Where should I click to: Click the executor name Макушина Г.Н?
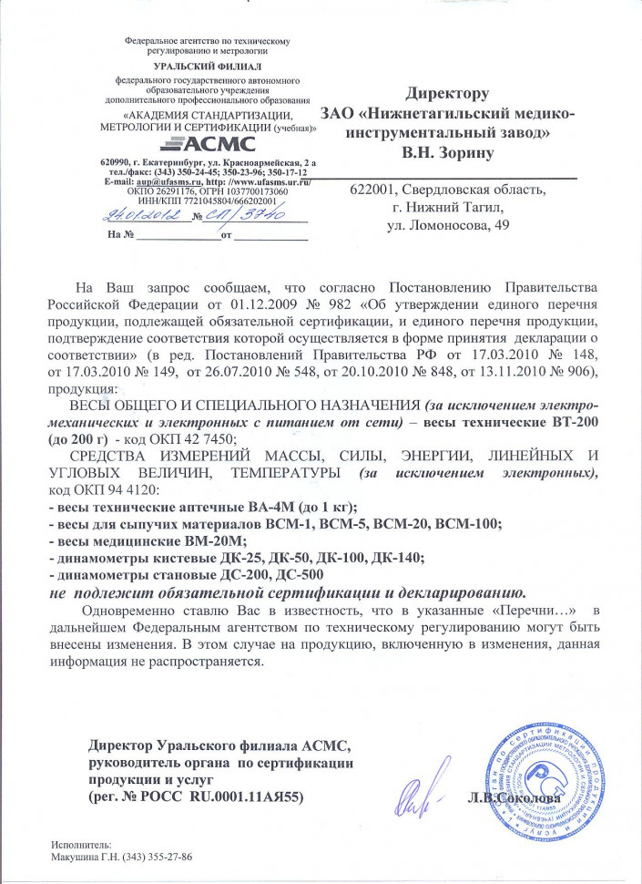point(87,858)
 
